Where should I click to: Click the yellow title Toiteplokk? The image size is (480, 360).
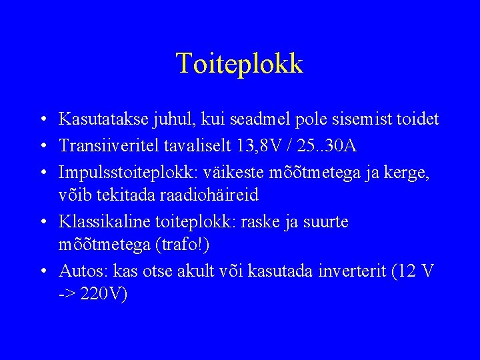239,63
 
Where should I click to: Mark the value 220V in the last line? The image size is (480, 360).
102,294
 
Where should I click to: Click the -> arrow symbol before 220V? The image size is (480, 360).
67,294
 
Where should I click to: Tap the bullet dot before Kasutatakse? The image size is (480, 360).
42,120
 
